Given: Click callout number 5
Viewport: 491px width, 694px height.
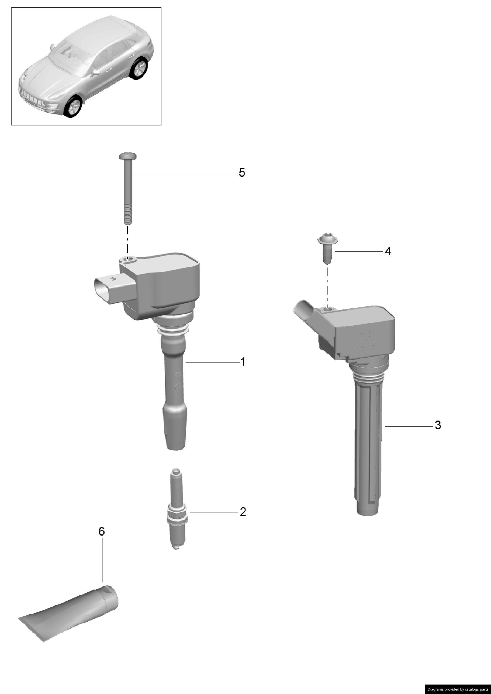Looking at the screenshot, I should click(242, 173).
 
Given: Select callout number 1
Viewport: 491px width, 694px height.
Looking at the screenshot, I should click(242, 362).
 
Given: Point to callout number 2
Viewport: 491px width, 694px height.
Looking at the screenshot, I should click(243, 512).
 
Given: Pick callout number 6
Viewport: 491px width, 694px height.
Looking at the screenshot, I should click(102, 531).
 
